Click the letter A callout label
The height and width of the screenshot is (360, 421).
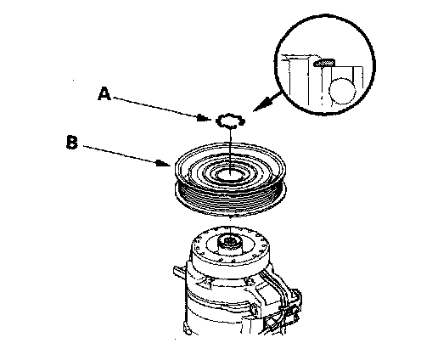tap(104, 93)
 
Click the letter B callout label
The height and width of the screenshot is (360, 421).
tap(72, 142)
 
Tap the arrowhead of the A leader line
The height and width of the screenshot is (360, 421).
tap(204, 118)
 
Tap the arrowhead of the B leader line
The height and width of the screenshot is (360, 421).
tap(164, 163)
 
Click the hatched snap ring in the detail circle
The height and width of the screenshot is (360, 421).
tap(324, 63)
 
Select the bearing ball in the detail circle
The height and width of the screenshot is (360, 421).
tap(342, 91)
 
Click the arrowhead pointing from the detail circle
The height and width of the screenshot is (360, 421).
tap(261, 104)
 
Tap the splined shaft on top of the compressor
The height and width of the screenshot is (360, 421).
tap(230, 243)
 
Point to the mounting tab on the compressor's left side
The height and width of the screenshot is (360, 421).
tap(179, 272)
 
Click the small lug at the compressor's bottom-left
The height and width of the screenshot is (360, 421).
tap(187, 329)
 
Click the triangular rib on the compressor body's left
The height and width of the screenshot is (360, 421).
tap(205, 283)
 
